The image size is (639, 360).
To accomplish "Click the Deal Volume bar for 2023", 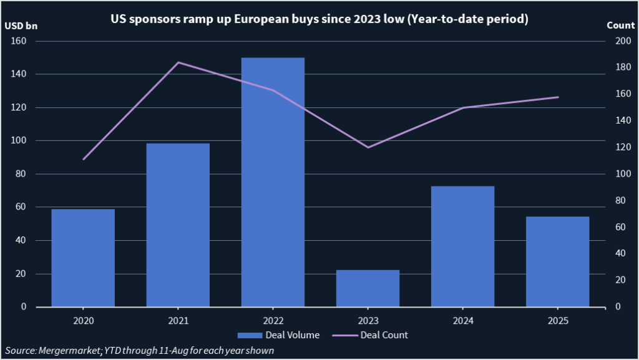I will click(368, 288).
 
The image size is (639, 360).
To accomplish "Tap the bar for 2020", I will click(83, 258).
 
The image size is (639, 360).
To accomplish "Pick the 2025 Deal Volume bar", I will click(558, 261).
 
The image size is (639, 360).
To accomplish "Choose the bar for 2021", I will click(178, 225).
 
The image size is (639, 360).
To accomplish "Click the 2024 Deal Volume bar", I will click(462, 246).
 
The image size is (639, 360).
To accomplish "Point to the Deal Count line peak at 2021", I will click(178, 62).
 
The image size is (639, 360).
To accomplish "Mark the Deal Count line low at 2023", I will click(368, 147).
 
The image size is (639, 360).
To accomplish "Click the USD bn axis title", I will click(21, 26).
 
